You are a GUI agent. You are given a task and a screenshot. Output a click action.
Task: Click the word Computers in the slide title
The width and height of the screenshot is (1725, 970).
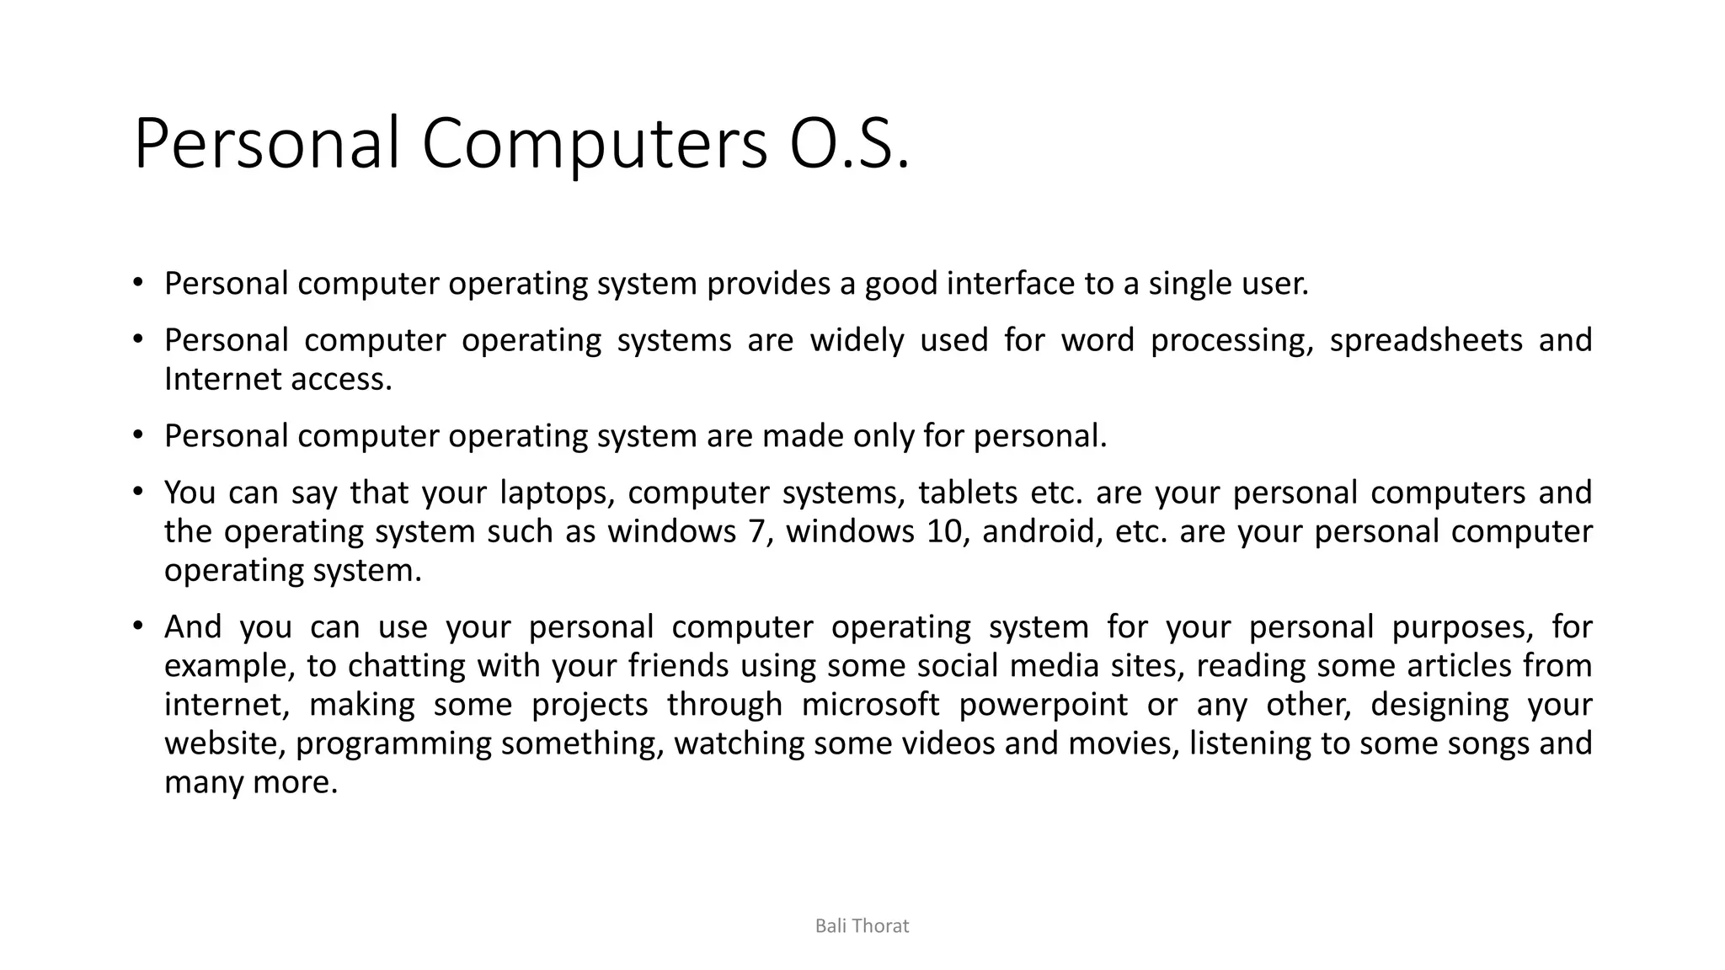pyautogui.click(x=594, y=143)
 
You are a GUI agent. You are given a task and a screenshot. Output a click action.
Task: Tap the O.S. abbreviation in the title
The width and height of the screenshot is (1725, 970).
pyautogui.click(x=849, y=143)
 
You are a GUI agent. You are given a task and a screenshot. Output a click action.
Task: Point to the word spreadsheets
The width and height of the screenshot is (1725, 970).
pyautogui.click(x=1426, y=340)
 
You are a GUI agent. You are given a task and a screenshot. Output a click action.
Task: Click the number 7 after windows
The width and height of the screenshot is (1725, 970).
pyautogui.click(x=756, y=532)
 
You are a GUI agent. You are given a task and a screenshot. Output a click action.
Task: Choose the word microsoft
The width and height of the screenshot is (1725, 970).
pyautogui.click(x=870, y=705)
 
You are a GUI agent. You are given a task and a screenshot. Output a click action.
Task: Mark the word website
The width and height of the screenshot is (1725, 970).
pyautogui.click(x=224, y=743)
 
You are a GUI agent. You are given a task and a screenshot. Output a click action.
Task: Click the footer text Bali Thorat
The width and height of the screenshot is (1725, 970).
pyautogui.click(x=862, y=926)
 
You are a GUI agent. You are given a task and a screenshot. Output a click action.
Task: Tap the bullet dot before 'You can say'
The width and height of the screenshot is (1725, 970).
pyautogui.click(x=138, y=491)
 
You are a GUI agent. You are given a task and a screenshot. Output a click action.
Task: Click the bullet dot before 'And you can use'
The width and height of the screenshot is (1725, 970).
pyautogui.click(x=138, y=626)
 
